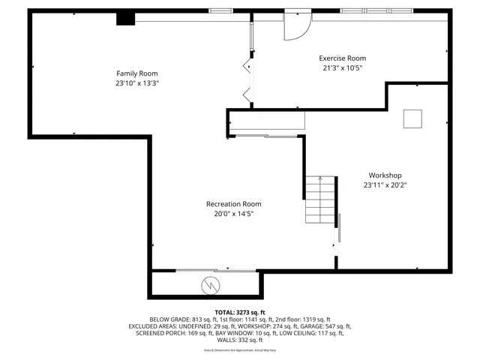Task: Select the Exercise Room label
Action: point(342,58)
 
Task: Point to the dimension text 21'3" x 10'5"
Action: point(342,68)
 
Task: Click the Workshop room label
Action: point(385,175)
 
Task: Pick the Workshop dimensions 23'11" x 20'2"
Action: point(385,184)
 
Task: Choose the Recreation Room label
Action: point(234,204)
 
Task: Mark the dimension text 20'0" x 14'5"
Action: point(234,214)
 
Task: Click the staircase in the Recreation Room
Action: point(319,201)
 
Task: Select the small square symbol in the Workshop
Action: point(412,118)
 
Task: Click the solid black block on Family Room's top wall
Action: point(124,19)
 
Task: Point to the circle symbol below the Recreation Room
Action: point(211,284)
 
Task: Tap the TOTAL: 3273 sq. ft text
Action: point(240,312)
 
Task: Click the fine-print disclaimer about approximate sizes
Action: point(240,350)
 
